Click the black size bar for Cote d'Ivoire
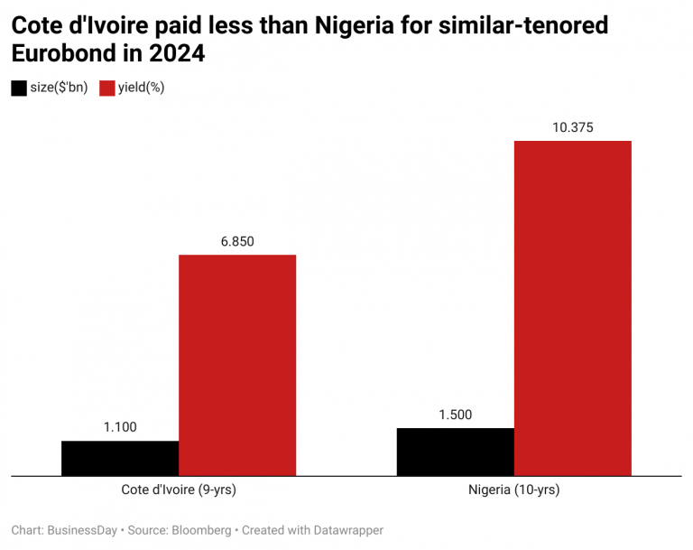tap(120, 458)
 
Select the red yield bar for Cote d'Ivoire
tap(237, 365)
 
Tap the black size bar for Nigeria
tap(455, 452)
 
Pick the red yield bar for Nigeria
tap(572, 307)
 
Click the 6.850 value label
tap(237, 241)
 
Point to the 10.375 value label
tap(572, 127)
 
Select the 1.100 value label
tap(120, 427)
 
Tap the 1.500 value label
tap(455, 415)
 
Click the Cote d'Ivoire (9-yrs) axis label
tap(179, 490)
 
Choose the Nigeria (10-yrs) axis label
tap(513, 490)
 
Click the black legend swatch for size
tap(19, 88)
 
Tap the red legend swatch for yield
tap(106, 88)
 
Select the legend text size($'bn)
tap(60, 88)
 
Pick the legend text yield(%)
tap(141, 88)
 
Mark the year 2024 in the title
tap(179, 54)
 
